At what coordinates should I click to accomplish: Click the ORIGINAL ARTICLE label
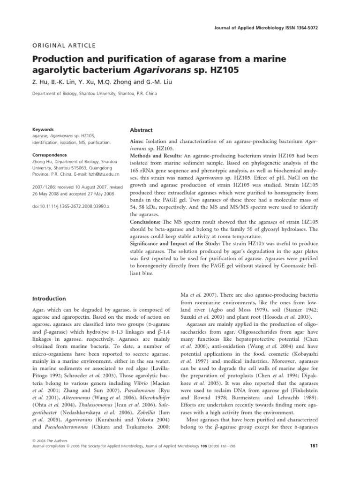(64, 45)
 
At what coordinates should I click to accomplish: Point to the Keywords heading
(43, 130)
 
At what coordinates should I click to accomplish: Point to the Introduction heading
(49, 298)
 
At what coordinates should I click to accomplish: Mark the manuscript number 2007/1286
(44, 186)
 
